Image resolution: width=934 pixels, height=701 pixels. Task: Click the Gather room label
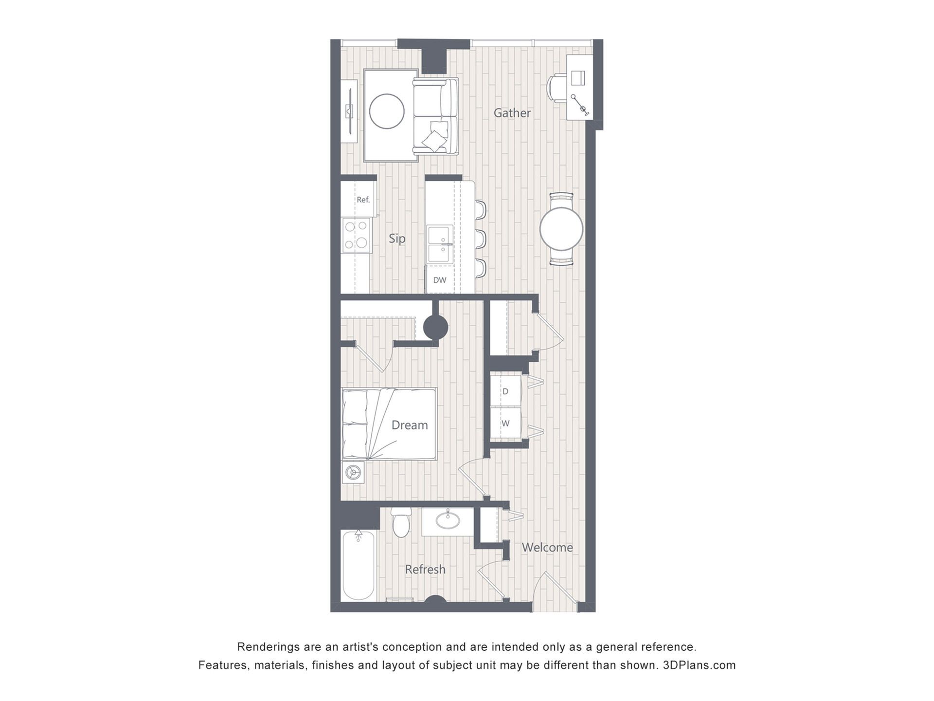(512, 113)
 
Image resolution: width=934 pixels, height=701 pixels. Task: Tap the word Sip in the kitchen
(397, 239)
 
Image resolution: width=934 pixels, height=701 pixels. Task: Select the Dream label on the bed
(410, 425)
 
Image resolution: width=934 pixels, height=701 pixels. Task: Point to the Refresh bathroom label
(425, 569)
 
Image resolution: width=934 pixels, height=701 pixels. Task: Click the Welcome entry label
(547, 547)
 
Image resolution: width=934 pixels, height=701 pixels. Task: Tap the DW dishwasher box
(440, 280)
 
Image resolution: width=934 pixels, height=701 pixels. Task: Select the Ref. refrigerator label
(363, 200)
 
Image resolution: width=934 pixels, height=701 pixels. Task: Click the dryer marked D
(505, 391)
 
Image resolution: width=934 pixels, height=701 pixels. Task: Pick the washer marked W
(505, 424)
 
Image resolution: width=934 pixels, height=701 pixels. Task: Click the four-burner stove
(356, 235)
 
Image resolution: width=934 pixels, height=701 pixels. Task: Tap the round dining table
(561, 229)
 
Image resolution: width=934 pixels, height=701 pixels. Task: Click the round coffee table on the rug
(387, 111)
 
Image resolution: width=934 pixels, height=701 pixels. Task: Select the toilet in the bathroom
(401, 522)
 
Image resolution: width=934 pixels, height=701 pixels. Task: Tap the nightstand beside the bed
(353, 472)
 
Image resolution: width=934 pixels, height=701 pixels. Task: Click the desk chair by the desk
(556, 88)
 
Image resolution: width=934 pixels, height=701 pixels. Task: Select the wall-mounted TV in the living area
(349, 111)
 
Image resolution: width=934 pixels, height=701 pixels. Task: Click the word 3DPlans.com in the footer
(700, 665)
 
